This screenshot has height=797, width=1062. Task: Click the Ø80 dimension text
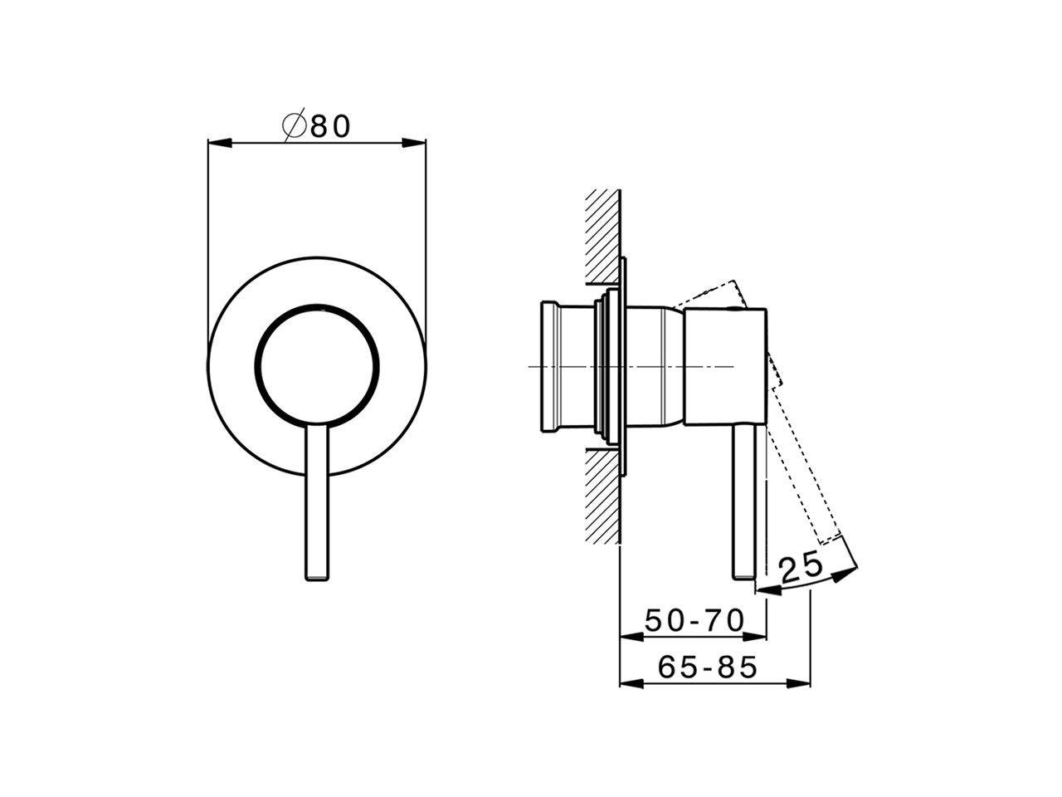[x=318, y=125]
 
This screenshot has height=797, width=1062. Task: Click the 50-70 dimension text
[x=694, y=620]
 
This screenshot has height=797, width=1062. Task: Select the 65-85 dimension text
[x=708, y=667]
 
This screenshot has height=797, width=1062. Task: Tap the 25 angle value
[x=801, y=568]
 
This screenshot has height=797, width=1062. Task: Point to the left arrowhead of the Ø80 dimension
[x=217, y=143]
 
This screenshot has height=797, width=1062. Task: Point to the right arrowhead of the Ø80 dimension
[x=415, y=143]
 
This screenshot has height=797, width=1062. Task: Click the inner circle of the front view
[x=319, y=364]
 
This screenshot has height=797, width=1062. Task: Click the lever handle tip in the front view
[x=318, y=573]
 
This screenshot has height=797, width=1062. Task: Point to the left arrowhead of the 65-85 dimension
[x=631, y=683]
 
